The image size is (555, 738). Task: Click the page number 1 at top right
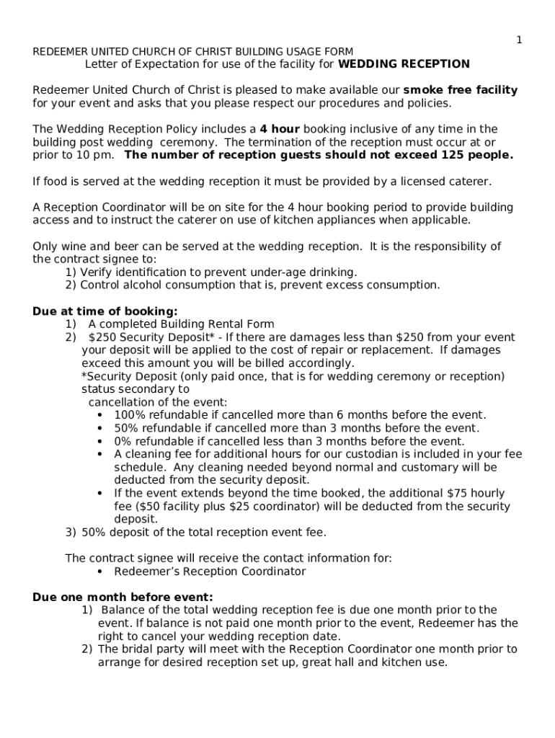click(518, 40)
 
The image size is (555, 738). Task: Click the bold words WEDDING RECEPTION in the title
click(404, 64)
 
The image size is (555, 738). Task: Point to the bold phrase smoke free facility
click(460, 90)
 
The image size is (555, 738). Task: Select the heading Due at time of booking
click(105, 311)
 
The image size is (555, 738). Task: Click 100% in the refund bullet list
click(130, 415)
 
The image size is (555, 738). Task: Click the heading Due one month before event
click(123, 597)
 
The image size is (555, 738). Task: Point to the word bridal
click(141, 649)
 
